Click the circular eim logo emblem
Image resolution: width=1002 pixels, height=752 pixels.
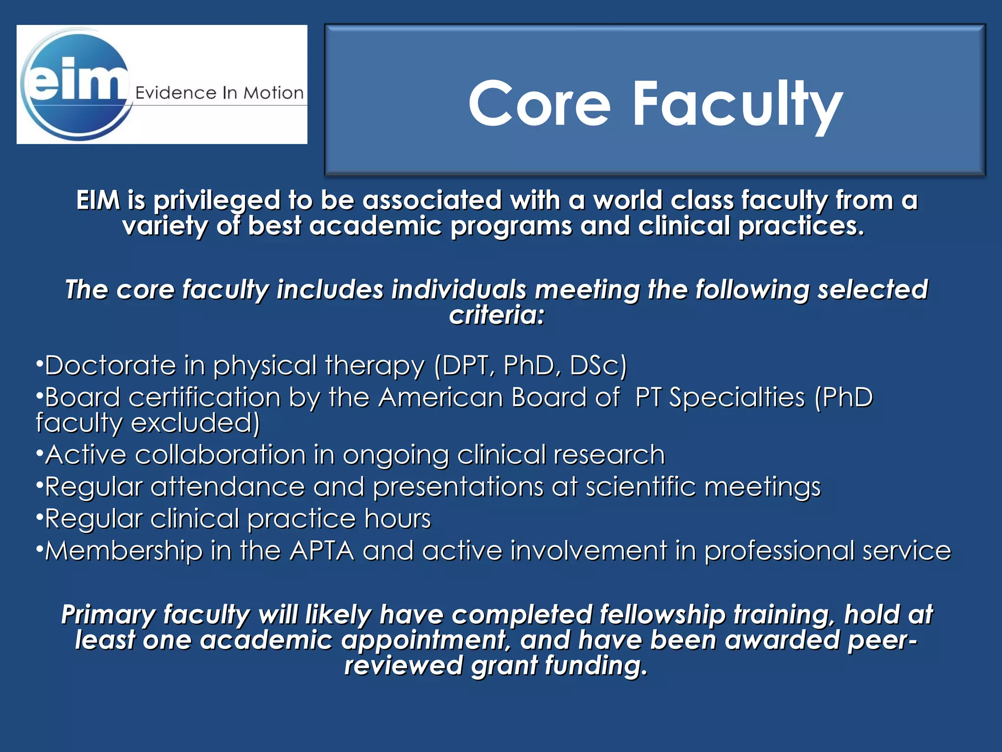pos(76,84)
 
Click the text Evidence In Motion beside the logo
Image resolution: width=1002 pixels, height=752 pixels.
pos(219,93)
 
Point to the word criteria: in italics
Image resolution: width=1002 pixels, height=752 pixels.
pos(496,315)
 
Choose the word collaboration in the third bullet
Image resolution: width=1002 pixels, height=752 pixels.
pos(220,455)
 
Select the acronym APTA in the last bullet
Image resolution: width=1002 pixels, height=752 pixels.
pos(321,551)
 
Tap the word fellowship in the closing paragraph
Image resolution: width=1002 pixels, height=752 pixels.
pos(662,615)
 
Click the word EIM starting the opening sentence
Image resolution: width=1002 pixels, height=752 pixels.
pos(98,201)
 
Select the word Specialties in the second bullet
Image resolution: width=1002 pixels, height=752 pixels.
pos(736,397)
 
